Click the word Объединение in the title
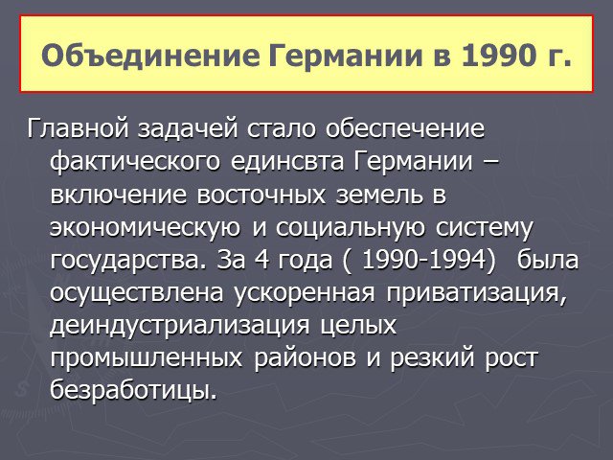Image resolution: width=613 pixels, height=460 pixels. [150, 56]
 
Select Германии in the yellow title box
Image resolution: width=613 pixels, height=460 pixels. [346, 56]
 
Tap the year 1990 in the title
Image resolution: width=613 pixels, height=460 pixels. [498, 56]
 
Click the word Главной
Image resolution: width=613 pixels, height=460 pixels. [78, 128]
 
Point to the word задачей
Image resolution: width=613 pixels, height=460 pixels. [188, 129]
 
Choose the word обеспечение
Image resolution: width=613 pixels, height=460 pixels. [405, 129]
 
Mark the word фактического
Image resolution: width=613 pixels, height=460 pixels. [135, 162]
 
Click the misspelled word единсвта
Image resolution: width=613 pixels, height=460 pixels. [287, 162]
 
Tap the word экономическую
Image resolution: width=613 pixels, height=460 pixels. [145, 228]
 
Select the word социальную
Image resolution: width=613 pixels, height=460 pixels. [351, 228]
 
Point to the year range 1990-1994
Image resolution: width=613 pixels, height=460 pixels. [428, 260]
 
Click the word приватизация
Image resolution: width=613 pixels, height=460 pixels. [477, 293]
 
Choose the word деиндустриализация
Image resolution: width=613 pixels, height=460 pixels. [180, 326]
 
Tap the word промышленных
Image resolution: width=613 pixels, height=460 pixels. [147, 358]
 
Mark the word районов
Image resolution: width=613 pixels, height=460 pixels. [305, 357]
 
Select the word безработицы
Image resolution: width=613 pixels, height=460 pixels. [133, 390]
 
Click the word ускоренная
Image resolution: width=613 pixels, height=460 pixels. [305, 293]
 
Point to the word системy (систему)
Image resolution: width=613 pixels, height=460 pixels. [484, 228]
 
